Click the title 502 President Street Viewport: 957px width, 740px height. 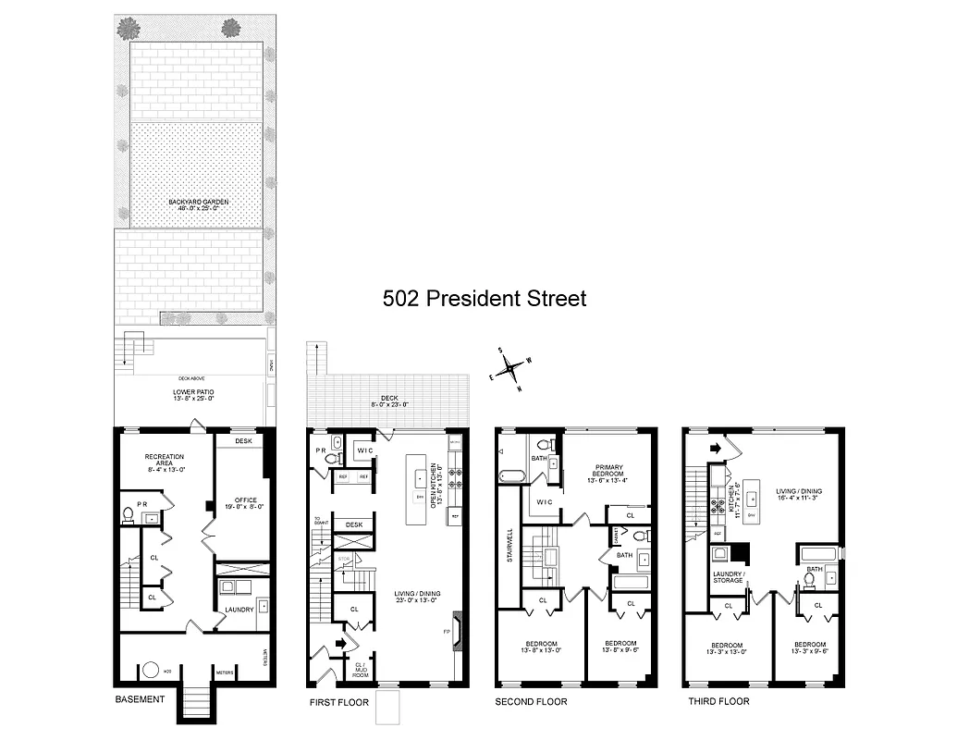[485, 299]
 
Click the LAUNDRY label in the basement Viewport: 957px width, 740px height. [239, 609]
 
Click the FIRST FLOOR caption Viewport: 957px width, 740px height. [338, 702]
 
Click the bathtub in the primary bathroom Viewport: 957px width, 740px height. [510, 477]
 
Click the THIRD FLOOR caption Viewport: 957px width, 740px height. [718, 701]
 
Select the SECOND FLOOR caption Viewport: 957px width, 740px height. [532, 702]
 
